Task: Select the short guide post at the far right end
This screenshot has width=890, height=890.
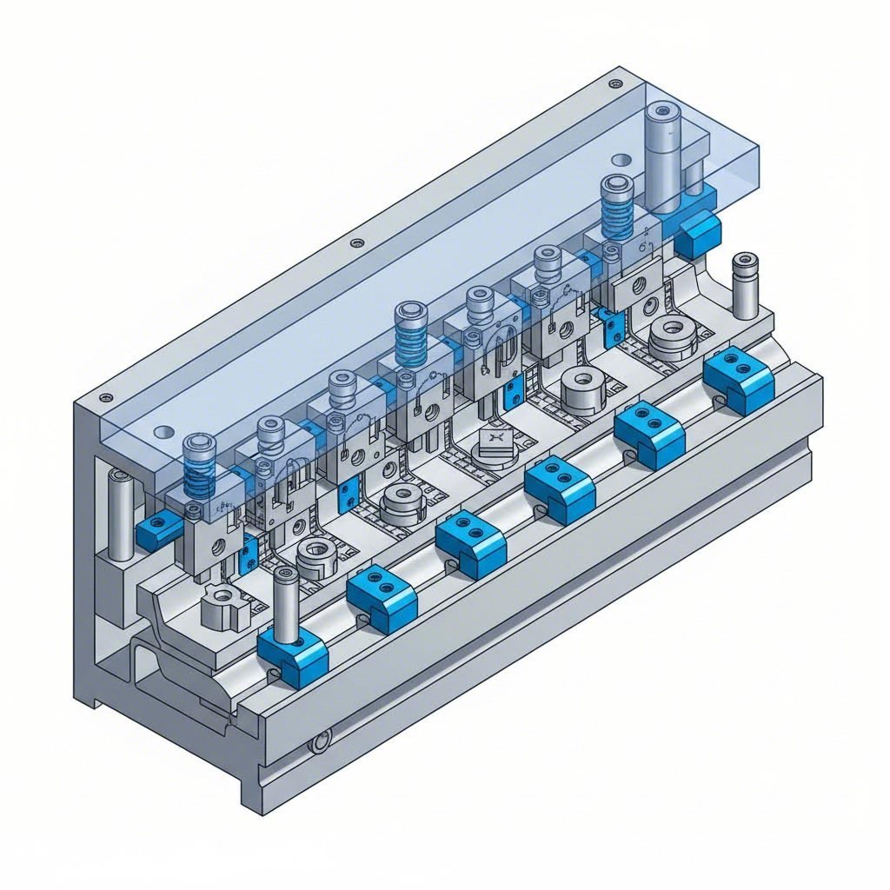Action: click(744, 286)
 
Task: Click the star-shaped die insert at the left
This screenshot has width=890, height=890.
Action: click(224, 606)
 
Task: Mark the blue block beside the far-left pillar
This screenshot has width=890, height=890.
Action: click(157, 529)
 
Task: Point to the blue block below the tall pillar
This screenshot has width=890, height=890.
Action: click(698, 233)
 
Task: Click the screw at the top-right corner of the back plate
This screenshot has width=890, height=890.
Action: click(615, 83)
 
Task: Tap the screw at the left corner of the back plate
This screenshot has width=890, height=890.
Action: click(105, 397)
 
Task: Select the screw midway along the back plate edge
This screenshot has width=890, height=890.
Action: click(355, 242)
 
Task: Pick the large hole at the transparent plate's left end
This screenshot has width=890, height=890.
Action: click(163, 431)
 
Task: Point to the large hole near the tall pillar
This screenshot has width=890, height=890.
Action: click(621, 160)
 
